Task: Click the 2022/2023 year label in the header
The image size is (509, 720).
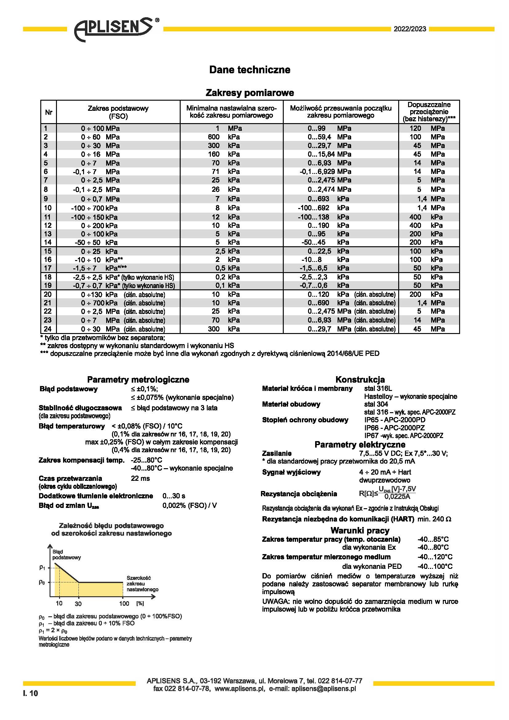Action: [410, 29]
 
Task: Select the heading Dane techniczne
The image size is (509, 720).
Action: [250, 70]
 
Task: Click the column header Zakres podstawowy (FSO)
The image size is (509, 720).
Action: [118, 112]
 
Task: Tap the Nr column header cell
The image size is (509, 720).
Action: [49, 112]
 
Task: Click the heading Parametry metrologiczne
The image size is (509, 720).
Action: [138, 380]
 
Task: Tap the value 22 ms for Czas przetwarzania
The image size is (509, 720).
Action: [140, 478]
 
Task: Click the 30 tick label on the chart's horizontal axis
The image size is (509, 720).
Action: [78, 604]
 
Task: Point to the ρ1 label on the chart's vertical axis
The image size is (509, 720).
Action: [42, 568]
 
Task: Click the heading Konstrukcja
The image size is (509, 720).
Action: [360, 380]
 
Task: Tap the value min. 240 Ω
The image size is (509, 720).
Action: [434, 519]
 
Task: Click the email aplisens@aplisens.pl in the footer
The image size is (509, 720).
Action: [323, 689]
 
